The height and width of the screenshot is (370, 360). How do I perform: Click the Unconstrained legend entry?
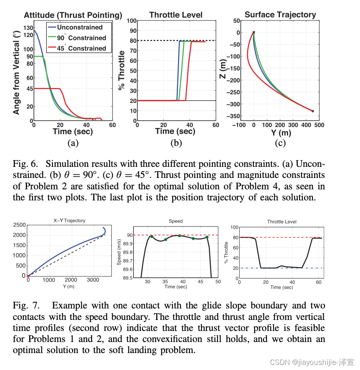click(79, 27)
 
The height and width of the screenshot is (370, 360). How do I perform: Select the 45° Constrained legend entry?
click(81, 48)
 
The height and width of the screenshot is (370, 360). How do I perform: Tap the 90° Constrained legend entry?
click(81, 38)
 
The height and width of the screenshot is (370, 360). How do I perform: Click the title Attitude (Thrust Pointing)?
click(73, 15)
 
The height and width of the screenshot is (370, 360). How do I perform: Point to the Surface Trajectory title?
click(280, 15)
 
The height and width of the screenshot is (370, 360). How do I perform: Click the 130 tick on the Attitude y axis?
click(28, 28)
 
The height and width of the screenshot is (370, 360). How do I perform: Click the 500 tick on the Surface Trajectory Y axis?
click(319, 125)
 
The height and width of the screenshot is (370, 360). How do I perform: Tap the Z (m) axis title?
click(223, 69)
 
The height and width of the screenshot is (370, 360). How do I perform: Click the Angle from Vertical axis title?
click(17, 74)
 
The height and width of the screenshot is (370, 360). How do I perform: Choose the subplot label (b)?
click(176, 143)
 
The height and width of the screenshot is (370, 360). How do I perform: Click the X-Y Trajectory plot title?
click(69, 221)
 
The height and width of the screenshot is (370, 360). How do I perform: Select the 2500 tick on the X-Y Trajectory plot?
click(20, 225)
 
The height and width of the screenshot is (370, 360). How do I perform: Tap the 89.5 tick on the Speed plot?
click(133, 278)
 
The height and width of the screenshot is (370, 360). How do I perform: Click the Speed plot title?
click(176, 221)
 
